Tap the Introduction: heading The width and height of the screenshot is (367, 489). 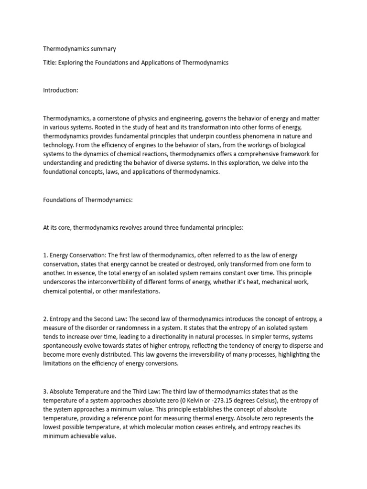(60, 90)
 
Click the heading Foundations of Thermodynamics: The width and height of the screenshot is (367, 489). (88, 200)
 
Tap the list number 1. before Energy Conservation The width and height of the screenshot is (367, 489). (45, 255)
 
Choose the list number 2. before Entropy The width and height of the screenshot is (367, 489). (45, 319)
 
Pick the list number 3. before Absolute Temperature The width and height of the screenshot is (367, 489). (45, 391)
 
